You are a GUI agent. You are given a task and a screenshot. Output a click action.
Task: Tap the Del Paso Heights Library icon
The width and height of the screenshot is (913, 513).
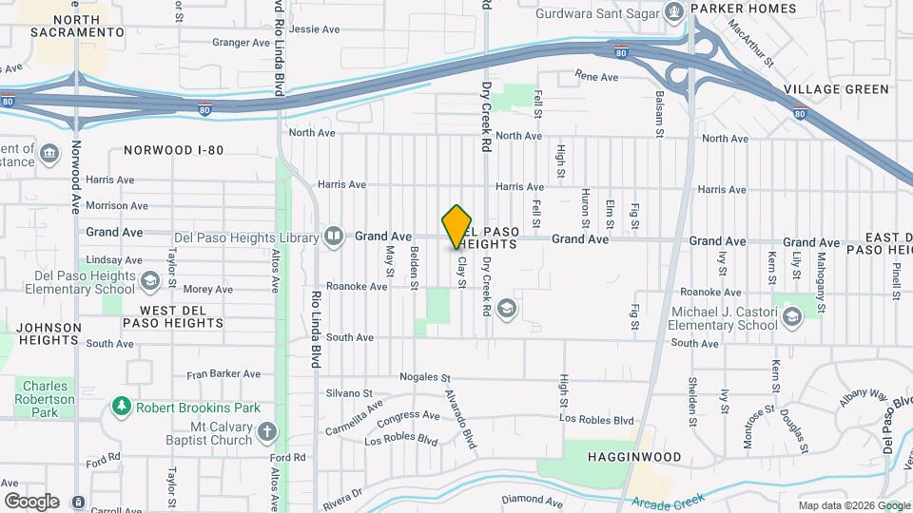(x=333, y=237)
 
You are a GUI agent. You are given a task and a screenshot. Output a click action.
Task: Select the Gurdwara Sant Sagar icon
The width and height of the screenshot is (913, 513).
(x=675, y=12)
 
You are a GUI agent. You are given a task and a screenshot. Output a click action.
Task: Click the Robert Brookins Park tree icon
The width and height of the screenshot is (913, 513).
(x=121, y=408)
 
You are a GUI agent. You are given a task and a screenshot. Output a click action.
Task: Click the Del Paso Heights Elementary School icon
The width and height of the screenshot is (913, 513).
(x=149, y=281)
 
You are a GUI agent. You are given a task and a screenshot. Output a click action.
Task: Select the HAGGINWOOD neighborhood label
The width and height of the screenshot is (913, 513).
(x=639, y=457)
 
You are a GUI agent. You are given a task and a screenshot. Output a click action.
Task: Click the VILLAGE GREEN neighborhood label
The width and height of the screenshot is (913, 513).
(x=836, y=89)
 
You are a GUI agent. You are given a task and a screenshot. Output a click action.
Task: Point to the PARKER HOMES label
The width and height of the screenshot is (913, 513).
(x=744, y=9)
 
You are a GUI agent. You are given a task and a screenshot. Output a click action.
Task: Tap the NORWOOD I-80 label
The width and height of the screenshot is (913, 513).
(x=173, y=150)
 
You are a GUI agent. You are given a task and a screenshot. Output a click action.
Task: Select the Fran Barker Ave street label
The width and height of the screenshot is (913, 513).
(x=223, y=374)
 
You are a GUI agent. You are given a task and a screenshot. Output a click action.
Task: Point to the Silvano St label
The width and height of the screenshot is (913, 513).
(x=349, y=392)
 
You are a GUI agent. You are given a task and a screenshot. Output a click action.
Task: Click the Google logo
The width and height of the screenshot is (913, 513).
(x=31, y=501)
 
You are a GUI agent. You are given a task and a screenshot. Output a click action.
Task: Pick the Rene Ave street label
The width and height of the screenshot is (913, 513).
(x=597, y=75)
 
